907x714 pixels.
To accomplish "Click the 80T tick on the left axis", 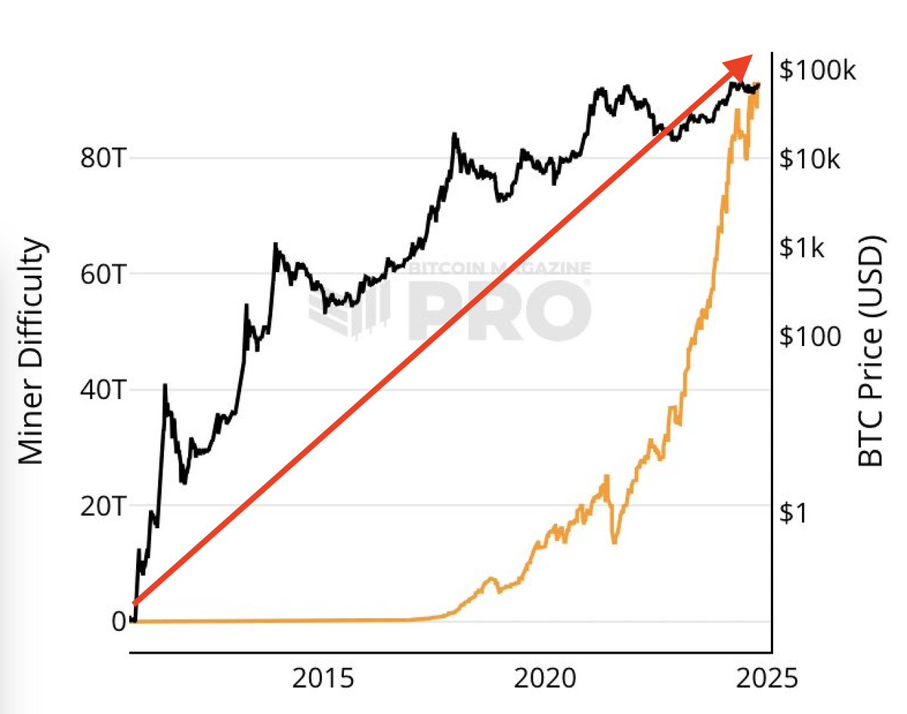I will click(x=102, y=159).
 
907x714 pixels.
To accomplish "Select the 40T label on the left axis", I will click(x=102, y=391).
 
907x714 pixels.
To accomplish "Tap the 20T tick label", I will click(x=102, y=506).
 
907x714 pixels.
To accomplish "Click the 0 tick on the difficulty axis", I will click(x=119, y=622).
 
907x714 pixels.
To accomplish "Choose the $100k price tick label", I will click(x=819, y=72).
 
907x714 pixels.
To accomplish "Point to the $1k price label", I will click(x=804, y=248).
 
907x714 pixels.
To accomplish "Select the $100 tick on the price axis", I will click(x=810, y=336).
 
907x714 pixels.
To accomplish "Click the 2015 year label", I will click(x=323, y=678).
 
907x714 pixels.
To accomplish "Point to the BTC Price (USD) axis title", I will click(x=872, y=352).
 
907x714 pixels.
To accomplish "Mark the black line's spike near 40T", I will click(x=165, y=386).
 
